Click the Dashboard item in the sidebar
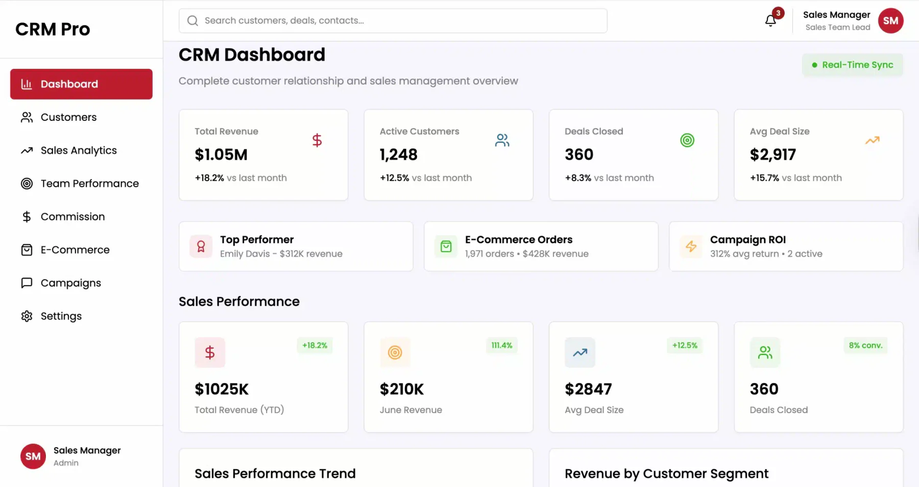81,84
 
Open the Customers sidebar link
68,117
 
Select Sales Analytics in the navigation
79,150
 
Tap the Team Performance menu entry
89,184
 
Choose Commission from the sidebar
72,217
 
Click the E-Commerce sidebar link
75,250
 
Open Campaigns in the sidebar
70,283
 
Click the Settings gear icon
27,316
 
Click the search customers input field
393,21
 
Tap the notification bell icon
770,20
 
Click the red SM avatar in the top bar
890,21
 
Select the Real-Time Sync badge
852,65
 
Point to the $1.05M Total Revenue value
221,155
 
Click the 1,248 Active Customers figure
398,155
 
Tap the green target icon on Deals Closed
687,140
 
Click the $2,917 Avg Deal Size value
772,155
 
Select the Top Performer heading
257,240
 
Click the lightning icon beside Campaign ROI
691,246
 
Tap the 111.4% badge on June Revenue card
501,345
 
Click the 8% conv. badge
865,345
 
